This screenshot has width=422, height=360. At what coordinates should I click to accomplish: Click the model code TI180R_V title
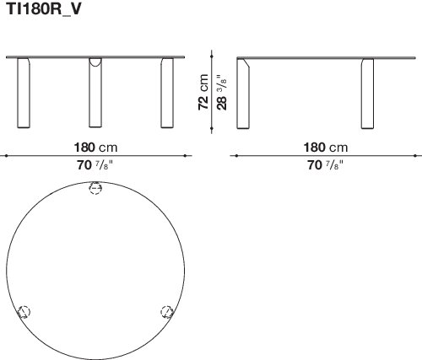tap(44, 9)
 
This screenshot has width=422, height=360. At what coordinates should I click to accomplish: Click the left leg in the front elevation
tap(24, 93)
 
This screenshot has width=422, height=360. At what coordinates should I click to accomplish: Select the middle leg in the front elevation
tap(95, 93)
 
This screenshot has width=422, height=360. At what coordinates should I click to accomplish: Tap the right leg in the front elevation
tap(167, 93)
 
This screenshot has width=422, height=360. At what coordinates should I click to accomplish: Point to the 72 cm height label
tap(203, 92)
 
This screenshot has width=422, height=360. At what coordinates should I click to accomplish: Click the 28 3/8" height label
tap(221, 92)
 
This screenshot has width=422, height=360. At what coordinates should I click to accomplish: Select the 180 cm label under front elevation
tap(95, 148)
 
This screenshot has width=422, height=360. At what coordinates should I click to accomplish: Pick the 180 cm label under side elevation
tap(326, 148)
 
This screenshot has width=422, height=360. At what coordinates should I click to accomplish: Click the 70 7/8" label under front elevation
tap(95, 165)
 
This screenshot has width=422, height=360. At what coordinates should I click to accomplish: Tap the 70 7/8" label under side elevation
tap(326, 165)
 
